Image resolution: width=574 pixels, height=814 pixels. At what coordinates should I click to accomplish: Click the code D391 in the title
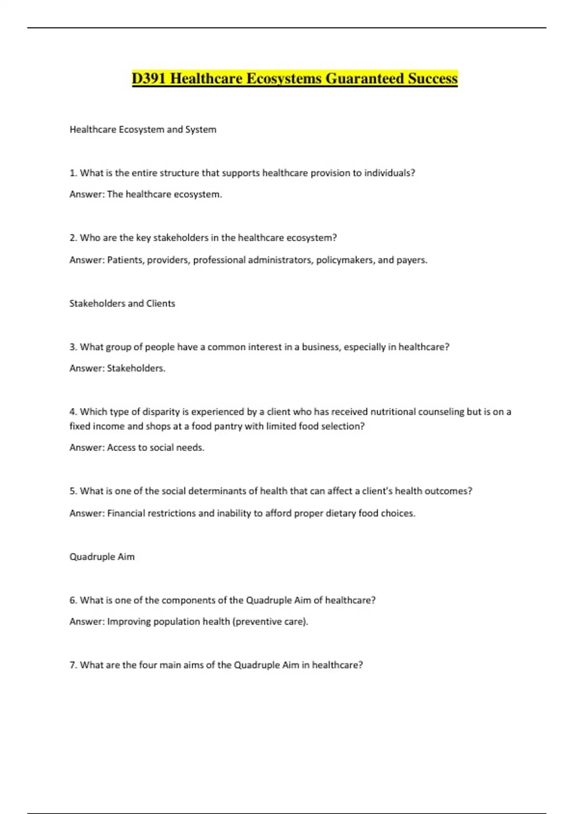(149, 79)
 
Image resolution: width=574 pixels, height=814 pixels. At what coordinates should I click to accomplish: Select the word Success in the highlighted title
(432, 79)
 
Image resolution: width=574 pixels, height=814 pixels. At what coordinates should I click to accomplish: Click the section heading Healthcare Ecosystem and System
(143, 129)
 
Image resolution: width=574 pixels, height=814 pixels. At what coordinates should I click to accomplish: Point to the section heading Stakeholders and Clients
(122, 304)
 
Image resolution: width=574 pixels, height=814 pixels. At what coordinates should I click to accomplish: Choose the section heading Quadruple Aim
(102, 557)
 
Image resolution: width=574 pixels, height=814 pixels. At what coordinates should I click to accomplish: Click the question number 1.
(73, 173)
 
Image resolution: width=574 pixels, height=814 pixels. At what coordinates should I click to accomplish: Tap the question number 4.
(73, 412)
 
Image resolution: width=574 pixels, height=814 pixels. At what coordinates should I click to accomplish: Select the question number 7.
(73, 665)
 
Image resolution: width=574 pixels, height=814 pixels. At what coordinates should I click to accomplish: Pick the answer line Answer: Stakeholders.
(117, 368)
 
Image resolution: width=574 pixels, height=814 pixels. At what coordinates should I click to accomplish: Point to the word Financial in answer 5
(125, 513)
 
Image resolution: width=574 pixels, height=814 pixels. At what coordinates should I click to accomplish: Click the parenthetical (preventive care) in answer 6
(269, 622)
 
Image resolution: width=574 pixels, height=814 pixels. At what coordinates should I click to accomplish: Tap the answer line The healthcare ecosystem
(164, 194)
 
